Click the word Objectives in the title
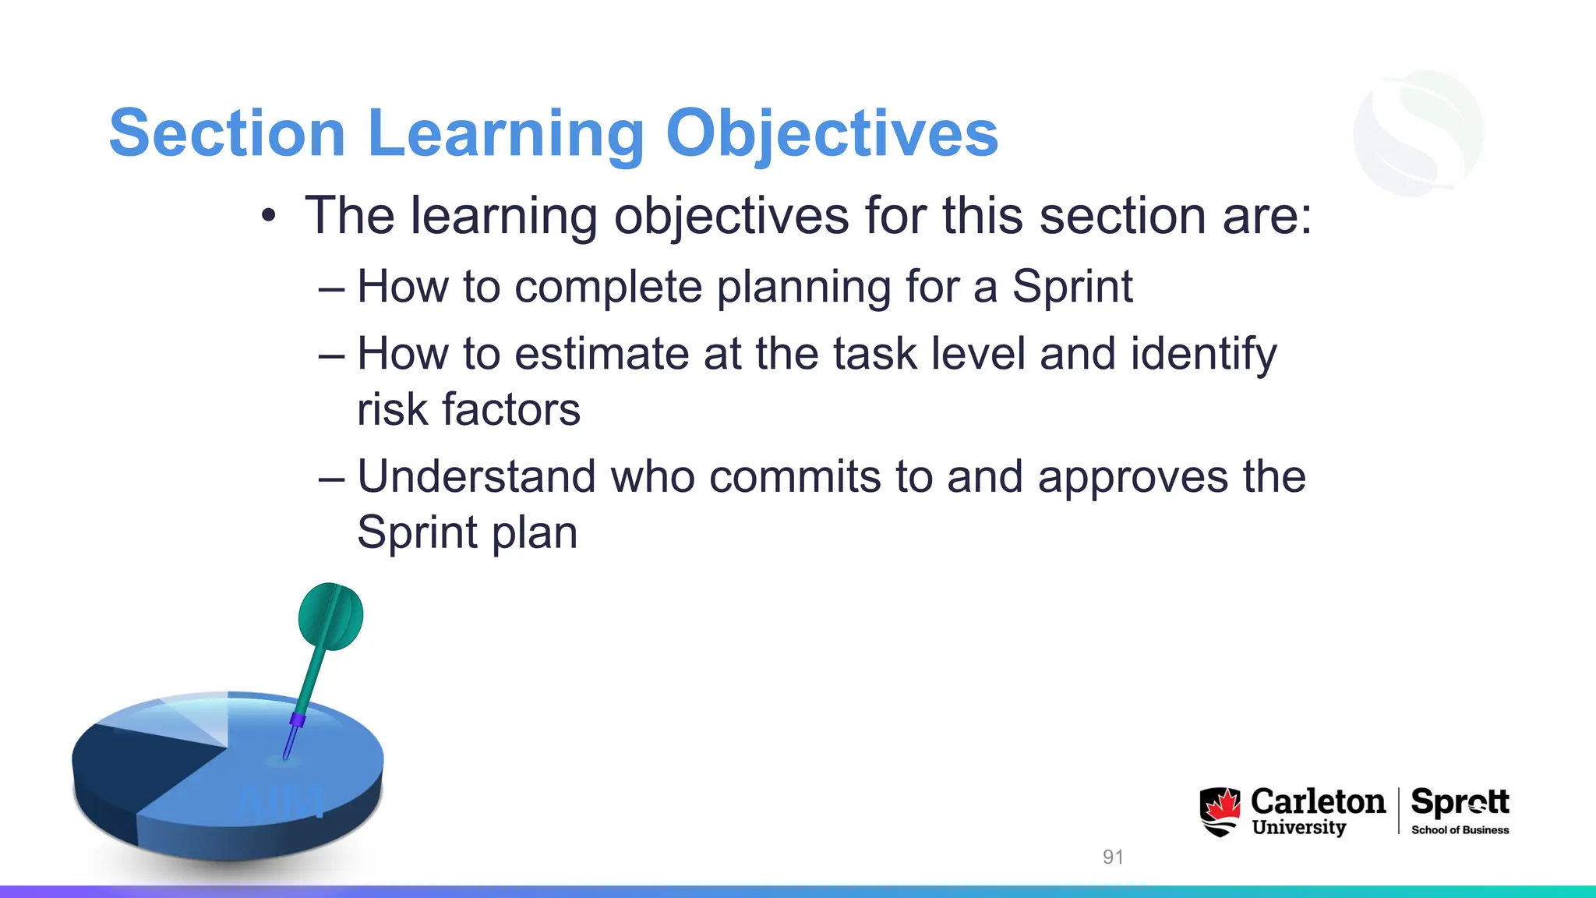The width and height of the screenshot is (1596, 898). click(832, 134)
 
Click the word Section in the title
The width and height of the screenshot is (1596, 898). click(227, 134)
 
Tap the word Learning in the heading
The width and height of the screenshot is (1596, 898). click(505, 134)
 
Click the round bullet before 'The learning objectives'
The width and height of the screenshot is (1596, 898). click(269, 216)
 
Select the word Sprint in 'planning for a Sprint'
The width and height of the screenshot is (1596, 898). click(1072, 287)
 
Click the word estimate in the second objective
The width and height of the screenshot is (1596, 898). click(602, 354)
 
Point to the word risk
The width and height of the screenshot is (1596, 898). click(392, 410)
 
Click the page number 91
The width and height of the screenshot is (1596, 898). click(1113, 857)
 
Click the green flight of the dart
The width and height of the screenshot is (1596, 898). click(331, 616)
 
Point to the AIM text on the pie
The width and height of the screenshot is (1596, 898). click(279, 802)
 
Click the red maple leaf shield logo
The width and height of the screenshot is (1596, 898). click(1220, 811)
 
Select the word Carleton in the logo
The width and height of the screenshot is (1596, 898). click(1318, 802)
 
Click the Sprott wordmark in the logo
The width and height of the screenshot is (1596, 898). click(1460, 802)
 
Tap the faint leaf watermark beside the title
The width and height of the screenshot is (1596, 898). click(1418, 133)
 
